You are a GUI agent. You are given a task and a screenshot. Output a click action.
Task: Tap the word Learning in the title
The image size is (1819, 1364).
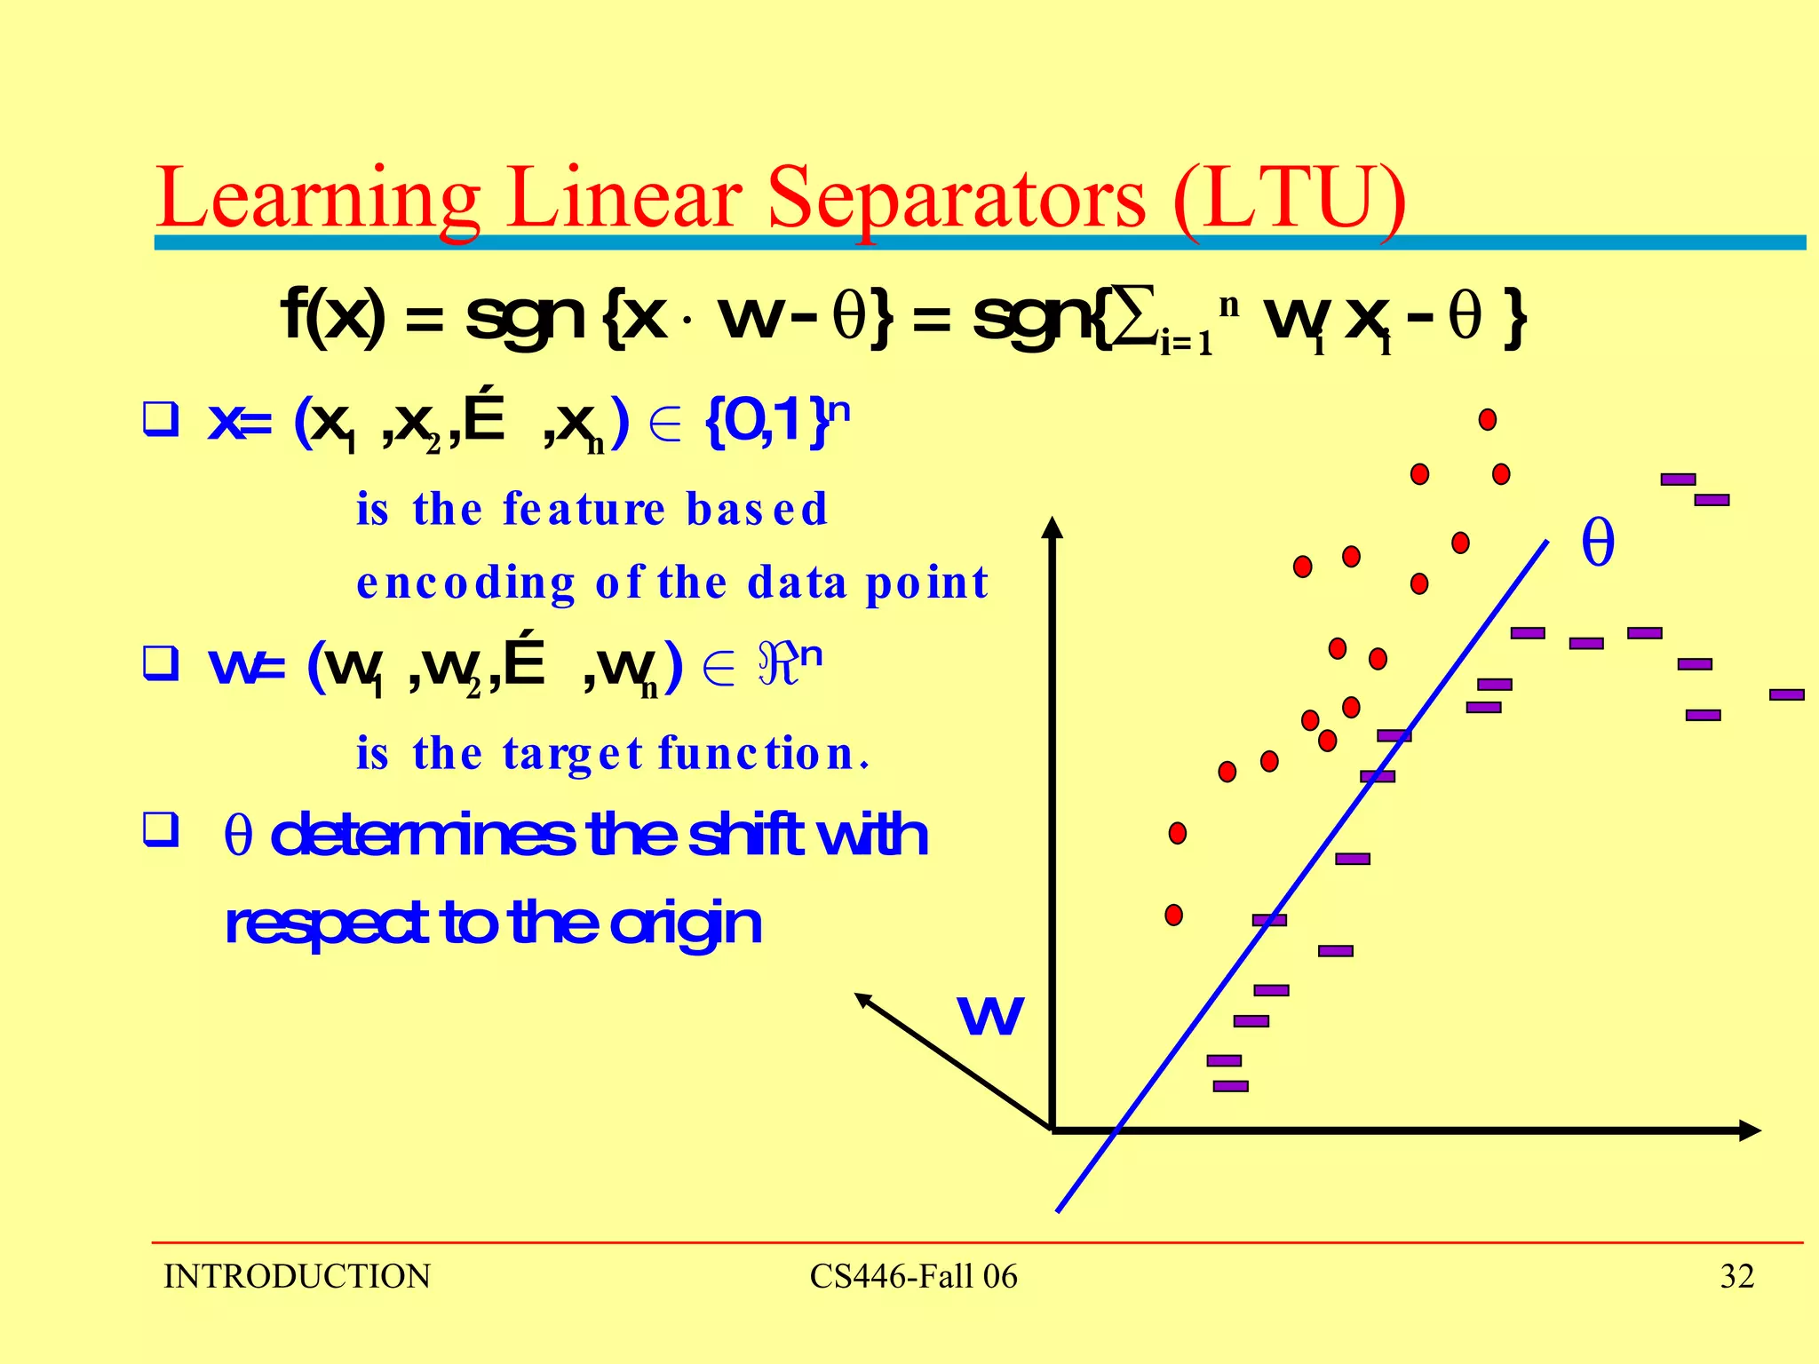point(318,199)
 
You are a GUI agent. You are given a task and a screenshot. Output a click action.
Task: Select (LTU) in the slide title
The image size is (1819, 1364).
point(1289,199)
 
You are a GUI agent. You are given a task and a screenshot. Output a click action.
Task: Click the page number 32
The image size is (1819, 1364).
point(1736,1276)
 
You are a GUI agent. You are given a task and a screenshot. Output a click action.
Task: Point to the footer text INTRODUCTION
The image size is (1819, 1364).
point(297,1276)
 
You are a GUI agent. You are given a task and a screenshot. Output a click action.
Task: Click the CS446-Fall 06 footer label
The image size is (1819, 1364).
point(913,1276)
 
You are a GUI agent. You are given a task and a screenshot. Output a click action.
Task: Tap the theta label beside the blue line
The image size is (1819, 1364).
point(1598,543)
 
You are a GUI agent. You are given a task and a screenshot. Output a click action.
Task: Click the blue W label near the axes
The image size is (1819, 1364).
point(990,1014)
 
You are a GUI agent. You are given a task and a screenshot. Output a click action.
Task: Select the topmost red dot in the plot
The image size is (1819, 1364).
point(1488,419)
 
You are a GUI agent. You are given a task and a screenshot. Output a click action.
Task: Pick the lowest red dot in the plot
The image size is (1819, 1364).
point(1174,915)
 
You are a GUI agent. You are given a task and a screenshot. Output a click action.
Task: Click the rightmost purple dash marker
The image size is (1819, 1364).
point(1787,694)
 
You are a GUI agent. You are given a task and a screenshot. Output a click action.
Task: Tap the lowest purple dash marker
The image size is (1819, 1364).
point(1230,1086)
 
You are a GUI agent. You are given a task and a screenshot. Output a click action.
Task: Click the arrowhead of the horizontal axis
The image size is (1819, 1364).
point(1750,1130)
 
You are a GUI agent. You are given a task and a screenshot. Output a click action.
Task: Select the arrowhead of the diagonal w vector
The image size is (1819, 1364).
point(862,999)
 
